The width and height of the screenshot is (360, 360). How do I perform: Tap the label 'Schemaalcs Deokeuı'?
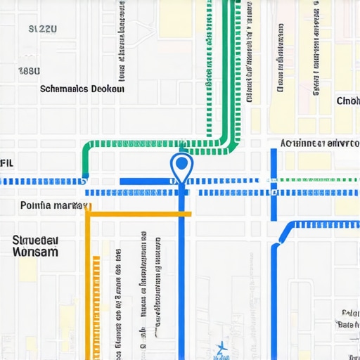[x=82, y=89]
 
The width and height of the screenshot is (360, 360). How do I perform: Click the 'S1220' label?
[x=42, y=30]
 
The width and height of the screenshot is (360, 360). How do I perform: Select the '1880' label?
[x=29, y=71]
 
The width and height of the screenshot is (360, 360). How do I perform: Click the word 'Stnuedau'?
[x=35, y=240]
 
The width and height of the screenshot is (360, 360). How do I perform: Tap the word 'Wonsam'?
[x=35, y=252]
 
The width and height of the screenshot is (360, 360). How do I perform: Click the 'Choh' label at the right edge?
[x=347, y=101]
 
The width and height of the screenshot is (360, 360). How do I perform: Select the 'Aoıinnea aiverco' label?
[x=314, y=143]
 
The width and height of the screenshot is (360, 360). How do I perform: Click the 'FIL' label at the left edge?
[x=6, y=162]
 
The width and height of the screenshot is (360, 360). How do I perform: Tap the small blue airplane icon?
[x=221, y=347]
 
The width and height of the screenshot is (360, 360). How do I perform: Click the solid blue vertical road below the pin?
[x=181, y=281]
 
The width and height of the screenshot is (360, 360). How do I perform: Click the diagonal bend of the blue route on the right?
[x=283, y=234]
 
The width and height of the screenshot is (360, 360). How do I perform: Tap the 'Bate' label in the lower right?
[x=347, y=325]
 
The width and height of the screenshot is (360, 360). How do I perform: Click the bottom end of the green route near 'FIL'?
[x=86, y=173]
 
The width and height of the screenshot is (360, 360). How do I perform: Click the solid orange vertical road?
[x=88, y=281]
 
